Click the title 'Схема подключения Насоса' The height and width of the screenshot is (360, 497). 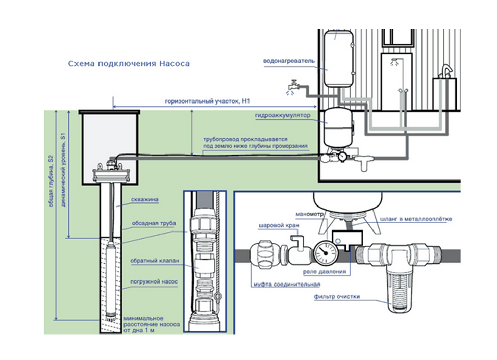pyautogui.click(x=129, y=64)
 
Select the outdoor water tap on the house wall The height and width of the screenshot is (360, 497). pyautogui.click(x=293, y=84)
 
